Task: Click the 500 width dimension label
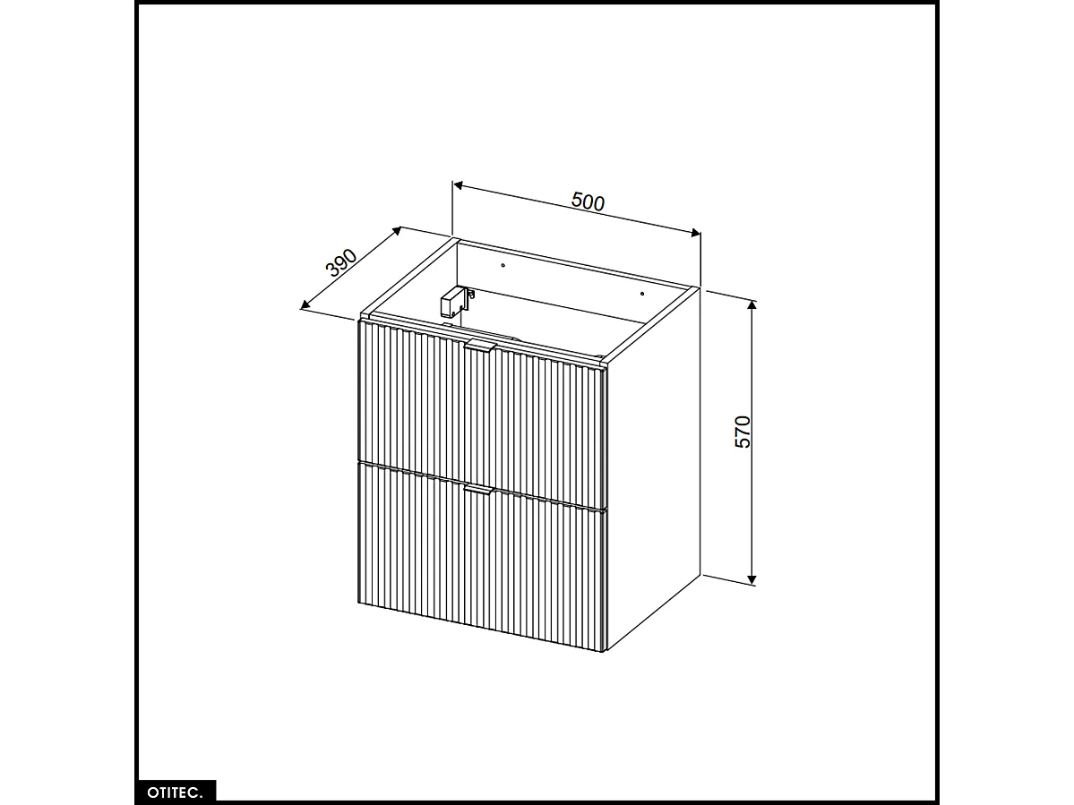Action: [589, 201]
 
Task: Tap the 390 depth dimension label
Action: [341, 263]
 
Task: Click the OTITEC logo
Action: [176, 792]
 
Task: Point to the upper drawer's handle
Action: [480, 347]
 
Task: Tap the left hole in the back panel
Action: [503, 265]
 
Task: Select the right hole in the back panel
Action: [642, 294]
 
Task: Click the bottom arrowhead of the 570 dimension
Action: [752, 579]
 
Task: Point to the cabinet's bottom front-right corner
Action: [606, 651]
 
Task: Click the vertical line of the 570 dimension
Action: [752, 501]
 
